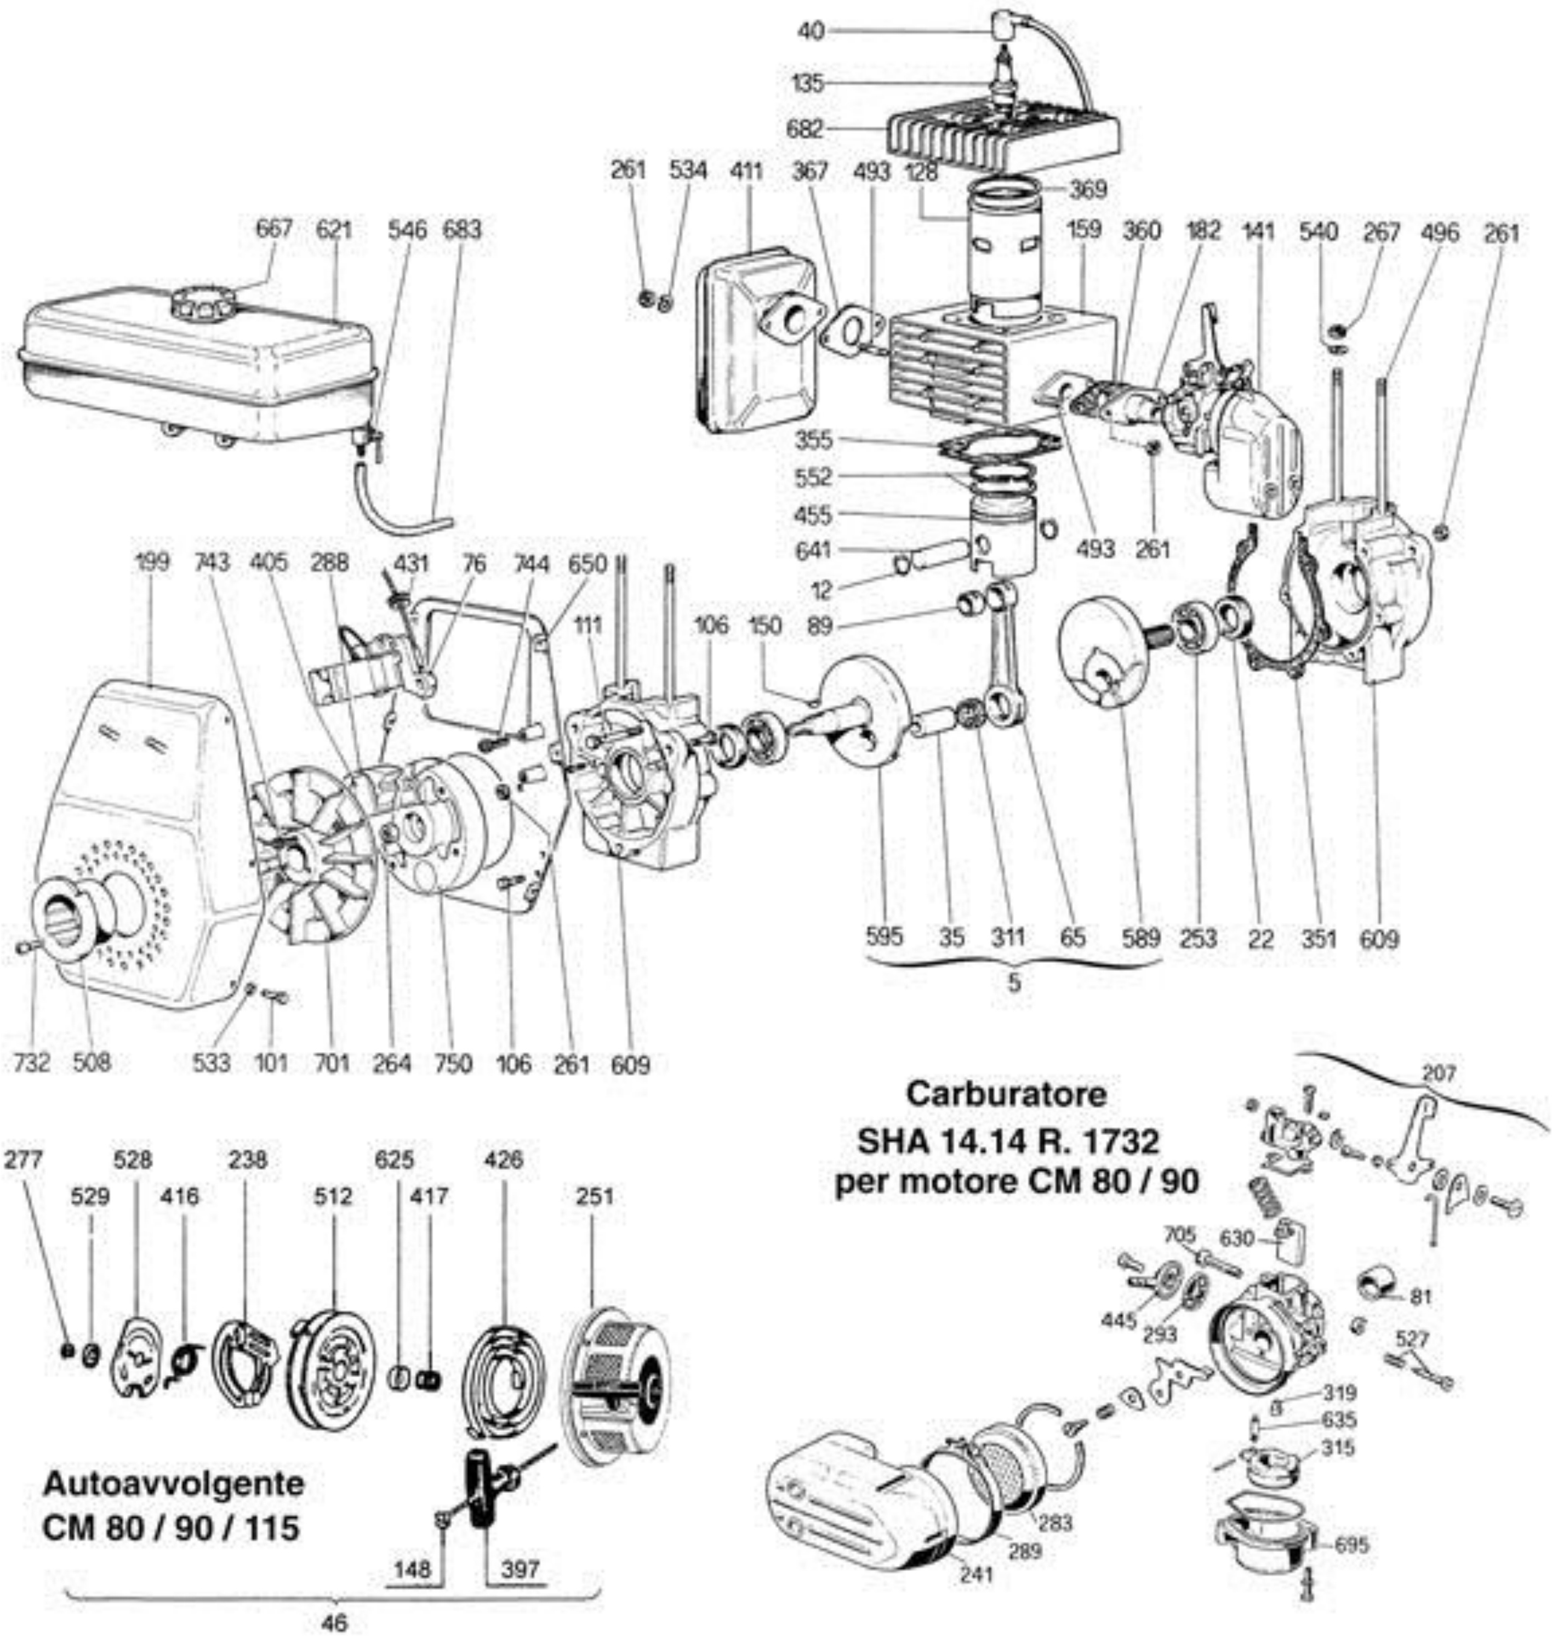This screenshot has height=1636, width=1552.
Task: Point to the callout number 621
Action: (x=334, y=229)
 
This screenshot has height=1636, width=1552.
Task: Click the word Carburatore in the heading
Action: (x=1005, y=1094)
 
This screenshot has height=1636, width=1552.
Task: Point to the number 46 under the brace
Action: (x=334, y=1622)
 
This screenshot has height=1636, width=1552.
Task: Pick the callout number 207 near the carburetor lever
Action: (x=1439, y=1073)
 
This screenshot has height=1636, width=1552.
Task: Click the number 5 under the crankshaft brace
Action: (x=1014, y=984)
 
